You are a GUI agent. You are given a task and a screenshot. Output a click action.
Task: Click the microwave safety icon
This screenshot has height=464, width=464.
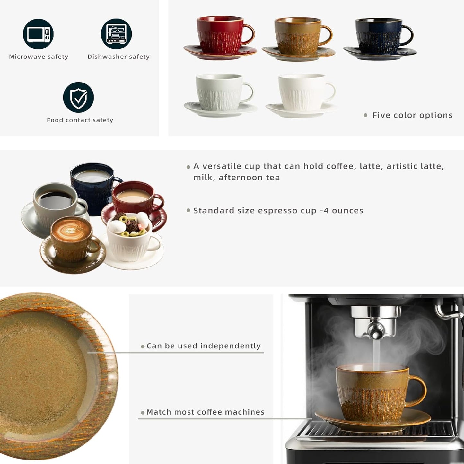pyautogui.click(x=38, y=34)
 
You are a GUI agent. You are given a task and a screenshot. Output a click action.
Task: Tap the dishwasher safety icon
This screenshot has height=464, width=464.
pyautogui.click(x=116, y=34)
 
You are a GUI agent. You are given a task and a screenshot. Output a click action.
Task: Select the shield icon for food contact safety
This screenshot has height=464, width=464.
pyautogui.click(x=78, y=97)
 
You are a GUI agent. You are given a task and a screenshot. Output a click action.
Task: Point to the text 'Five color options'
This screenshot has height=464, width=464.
pyautogui.click(x=412, y=115)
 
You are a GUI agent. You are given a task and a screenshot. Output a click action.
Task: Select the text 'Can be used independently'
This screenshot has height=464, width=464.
pyautogui.click(x=204, y=346)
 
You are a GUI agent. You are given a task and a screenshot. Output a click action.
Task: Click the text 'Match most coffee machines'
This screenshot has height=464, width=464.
pyautogui.click(x=205, y=412)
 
